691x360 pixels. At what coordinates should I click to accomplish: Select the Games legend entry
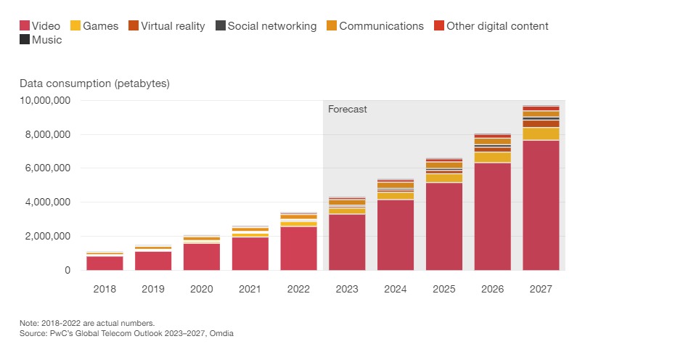click(96, 26)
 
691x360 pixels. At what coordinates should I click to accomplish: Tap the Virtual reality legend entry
click(166, 26)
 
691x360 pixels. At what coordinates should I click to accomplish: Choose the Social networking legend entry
click(265, 26)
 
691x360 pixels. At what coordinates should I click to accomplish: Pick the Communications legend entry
click(374, 26)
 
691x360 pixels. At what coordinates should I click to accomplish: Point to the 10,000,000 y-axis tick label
click(44, 100)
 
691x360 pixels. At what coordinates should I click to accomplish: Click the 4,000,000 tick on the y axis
click(47, 202)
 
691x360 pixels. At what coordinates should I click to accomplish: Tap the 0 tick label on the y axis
click(68, 270)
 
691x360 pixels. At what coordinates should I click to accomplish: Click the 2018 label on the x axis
click(105, 289)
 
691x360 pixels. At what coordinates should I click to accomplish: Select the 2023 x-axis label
click(347, 289)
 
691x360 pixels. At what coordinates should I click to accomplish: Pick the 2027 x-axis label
click(541, 289)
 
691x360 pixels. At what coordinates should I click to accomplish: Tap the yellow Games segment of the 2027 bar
click(541, 134)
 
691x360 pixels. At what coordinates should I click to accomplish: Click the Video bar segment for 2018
click(105, 263)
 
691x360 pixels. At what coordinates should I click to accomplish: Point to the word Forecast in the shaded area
click(348, 110)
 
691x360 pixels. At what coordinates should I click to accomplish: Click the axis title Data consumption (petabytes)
click(94, 83)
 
